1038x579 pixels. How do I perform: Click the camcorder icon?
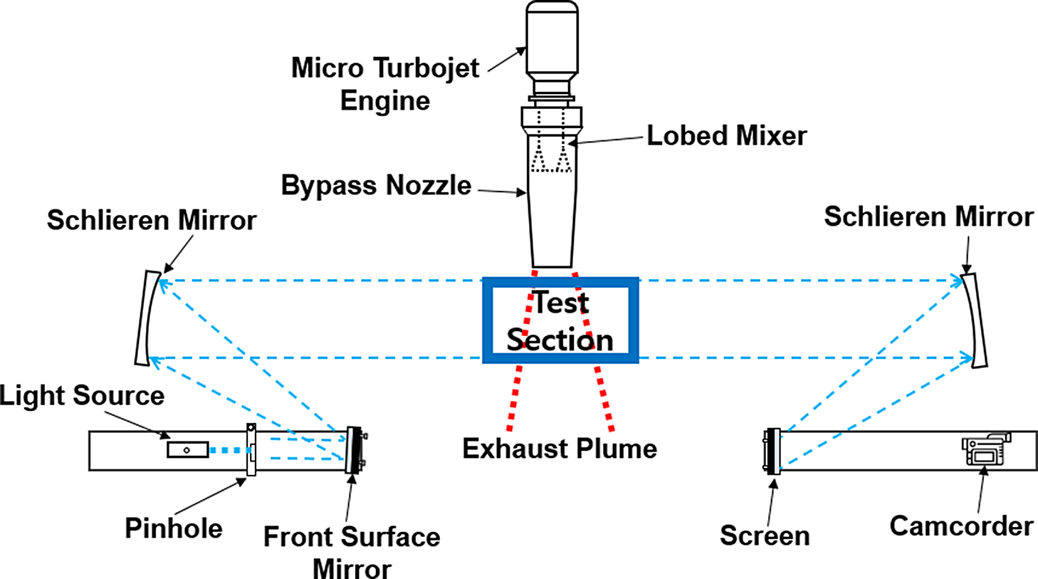pos(985,449)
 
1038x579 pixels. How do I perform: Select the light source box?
pos(188,449)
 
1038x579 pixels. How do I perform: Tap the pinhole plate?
pos(251,449)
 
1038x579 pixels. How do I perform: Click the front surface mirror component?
pos(353,450)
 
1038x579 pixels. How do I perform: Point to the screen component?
pos(772,451)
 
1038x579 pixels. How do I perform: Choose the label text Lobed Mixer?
pos(726,135)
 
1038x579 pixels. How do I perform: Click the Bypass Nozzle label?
pos(376,185)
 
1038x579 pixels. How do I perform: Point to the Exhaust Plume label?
pos(560,449)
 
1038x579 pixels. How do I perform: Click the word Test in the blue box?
pos(561,303)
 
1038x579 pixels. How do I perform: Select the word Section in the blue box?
pos(560,340)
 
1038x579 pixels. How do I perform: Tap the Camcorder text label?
pos(961,526)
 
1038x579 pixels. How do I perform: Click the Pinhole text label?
pos(174,528)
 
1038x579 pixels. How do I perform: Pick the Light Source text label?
pos(82,395)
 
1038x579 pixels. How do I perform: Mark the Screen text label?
pos(765,536)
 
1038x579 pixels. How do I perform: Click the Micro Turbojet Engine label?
pos(385,84)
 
